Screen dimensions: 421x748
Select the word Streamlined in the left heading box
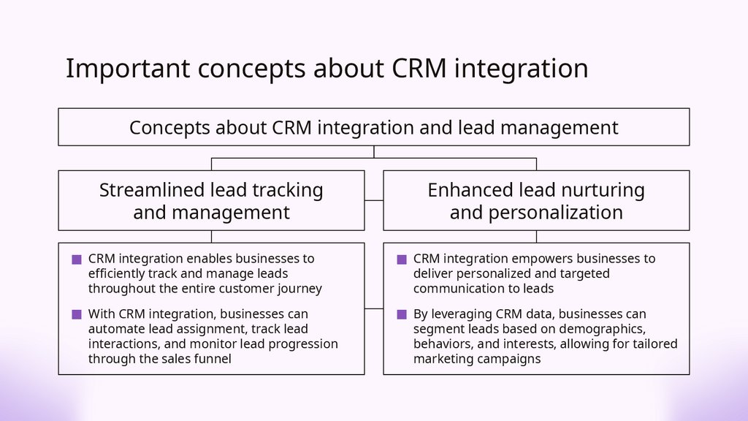pyautogui.click(x=152, y=190)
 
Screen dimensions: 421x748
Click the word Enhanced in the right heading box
pyautogui.click(x=470, y=190)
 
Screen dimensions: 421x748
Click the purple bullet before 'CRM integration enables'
pyautogui.click(x=77, y=259)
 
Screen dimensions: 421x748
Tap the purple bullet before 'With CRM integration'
pyautogui.click(x=77, y=314)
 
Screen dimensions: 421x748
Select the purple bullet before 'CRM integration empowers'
pyautogui.click(x=402, y=259)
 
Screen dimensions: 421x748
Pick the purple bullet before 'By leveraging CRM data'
pyautogui.click(x=402, y=314)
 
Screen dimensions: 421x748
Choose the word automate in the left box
pyautogui.click(x=115, y=329)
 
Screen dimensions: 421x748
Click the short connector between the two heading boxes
pyautogui.click(x=374, y=200)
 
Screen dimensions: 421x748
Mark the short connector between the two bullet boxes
pyautogui.click(x=374, y=308)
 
